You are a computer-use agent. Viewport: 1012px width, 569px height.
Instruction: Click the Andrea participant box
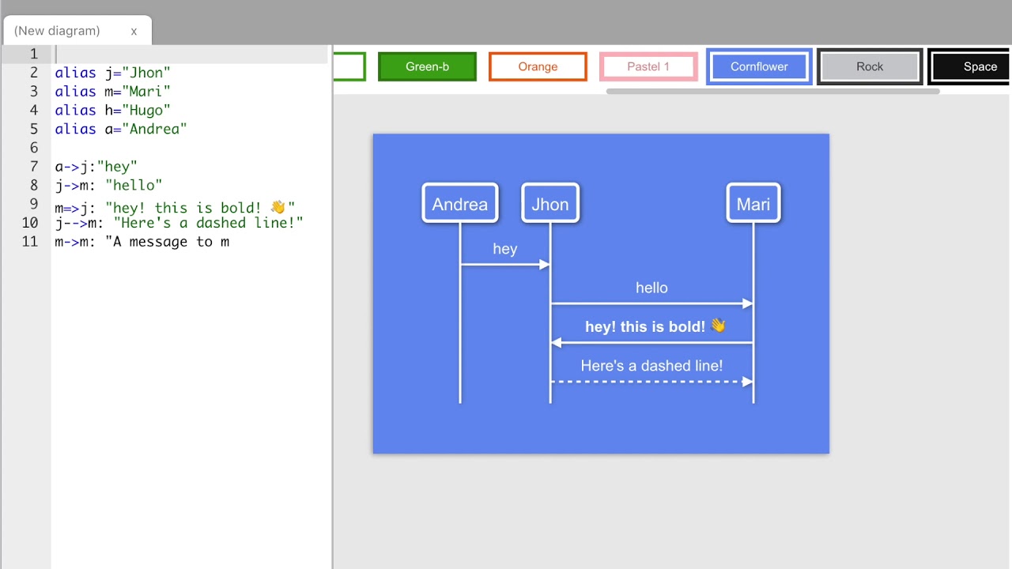tap(460, 204)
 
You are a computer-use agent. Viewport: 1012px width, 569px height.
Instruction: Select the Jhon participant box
tap(550, 204)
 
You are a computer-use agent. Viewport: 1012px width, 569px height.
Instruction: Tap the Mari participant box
tap(753, 204)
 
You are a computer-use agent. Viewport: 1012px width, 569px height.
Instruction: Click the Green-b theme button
tap(427, 66)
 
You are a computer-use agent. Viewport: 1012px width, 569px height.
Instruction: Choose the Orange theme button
tap(538, 66)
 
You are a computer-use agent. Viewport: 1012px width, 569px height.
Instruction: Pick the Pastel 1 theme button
tap(648, 66)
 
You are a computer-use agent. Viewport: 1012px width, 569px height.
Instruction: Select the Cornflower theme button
tap(759, 66)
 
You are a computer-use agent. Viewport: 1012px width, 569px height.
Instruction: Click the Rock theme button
tap(870, 66)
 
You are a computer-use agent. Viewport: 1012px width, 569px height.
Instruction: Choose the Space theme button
tap(979, 66)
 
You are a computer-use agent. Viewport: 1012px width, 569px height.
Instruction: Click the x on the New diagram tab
tap(134, 32)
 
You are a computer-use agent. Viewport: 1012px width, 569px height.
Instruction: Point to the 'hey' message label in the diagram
tap(504, 249)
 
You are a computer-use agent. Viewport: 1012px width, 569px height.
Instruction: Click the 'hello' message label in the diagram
tap(651, 288)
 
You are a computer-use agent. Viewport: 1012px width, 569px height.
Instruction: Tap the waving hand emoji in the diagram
tap(718, 326)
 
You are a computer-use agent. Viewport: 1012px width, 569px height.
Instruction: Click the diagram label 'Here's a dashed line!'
tap(651, 365)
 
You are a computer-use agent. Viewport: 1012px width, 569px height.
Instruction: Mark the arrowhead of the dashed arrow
tap(747, 382)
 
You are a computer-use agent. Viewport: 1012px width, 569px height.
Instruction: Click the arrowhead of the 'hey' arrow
tap(544, 265)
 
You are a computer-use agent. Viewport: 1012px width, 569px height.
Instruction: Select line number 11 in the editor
tap(30, 242)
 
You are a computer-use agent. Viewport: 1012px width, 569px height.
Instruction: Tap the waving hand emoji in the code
tap(278, 207)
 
